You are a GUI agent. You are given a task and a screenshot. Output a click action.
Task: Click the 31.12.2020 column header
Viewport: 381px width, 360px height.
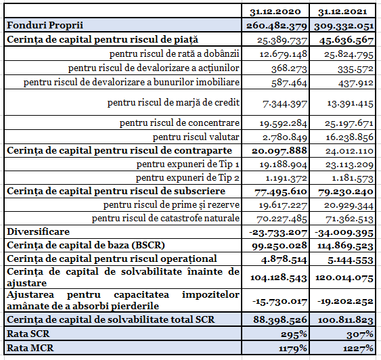point(275,12)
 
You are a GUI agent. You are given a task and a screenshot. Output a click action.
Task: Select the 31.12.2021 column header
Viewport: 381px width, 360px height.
point(342,12)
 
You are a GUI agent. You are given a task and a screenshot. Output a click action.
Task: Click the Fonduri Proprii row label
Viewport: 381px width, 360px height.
point(45,25)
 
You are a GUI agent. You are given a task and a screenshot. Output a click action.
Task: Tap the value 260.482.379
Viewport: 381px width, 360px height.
point(277,26)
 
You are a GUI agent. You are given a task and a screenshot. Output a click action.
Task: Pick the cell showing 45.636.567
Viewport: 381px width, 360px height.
point(346,40)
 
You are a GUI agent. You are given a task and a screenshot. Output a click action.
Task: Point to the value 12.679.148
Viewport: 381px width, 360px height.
point(284,54)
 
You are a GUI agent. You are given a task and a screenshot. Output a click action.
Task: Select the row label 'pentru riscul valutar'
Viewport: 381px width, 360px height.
point(196,137)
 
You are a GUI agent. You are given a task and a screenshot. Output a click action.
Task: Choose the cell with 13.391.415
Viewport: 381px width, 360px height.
point(350,104)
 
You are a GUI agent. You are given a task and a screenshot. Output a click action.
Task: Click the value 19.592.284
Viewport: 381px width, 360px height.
point(284,123)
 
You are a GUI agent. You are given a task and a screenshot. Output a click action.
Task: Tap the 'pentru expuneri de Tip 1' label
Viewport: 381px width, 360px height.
point(188,164)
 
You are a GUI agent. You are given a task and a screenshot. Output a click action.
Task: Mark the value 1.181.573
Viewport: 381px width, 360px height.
point(353,178)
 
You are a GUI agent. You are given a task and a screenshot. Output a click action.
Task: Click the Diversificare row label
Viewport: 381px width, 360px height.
point(39,231)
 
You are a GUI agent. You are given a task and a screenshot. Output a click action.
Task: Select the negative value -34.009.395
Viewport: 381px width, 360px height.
point(344,233)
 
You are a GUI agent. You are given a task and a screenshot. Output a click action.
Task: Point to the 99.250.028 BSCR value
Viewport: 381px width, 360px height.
point(279,246)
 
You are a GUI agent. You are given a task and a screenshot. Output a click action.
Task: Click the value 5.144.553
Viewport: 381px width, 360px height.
point(350,260)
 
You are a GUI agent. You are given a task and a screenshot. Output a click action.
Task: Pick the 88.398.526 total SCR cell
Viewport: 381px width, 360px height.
point(280,319)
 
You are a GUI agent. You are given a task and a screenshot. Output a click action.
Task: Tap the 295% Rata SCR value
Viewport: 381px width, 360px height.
point(294,335)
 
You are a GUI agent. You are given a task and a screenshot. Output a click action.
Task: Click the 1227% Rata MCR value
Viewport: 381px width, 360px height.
point(358,348)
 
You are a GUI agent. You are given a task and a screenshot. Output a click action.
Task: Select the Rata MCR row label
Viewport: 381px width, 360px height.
point(30,348)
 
